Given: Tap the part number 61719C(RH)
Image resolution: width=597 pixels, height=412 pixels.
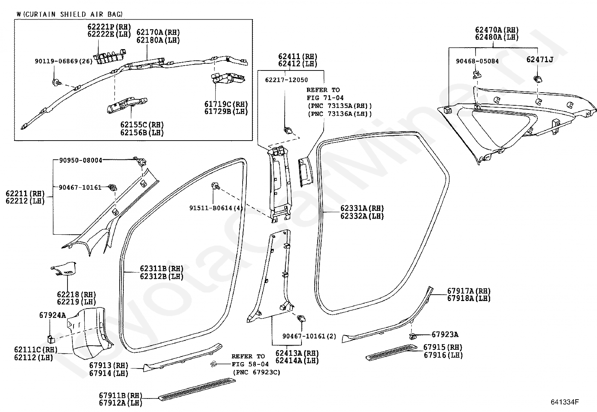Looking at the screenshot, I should coord(226,104).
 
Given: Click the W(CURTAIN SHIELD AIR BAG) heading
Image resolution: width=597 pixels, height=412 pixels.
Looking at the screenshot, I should coord(70,14).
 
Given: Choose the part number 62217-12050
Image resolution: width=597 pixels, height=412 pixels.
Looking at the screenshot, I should coord(286,80).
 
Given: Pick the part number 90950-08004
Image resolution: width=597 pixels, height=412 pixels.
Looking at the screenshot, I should coord(81,160).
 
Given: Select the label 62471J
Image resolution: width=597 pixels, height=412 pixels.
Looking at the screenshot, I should coord(539,60).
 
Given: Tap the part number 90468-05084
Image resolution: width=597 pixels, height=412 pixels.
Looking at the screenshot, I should coord(477,61).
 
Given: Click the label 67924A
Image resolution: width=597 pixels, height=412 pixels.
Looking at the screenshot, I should coord(52,315).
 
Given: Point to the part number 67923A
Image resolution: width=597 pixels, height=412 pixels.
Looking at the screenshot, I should coord(445,334).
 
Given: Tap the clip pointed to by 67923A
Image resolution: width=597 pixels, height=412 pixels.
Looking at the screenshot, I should coord(413,336).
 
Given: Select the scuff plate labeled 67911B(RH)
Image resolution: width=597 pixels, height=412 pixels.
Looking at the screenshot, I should coord(197,389).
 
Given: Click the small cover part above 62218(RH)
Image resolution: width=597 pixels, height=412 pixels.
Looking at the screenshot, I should coord(63,268).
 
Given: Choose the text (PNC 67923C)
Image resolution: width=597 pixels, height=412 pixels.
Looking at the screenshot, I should coord(256,372).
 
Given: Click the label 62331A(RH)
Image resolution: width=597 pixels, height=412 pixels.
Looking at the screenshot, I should coord(362,208).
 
